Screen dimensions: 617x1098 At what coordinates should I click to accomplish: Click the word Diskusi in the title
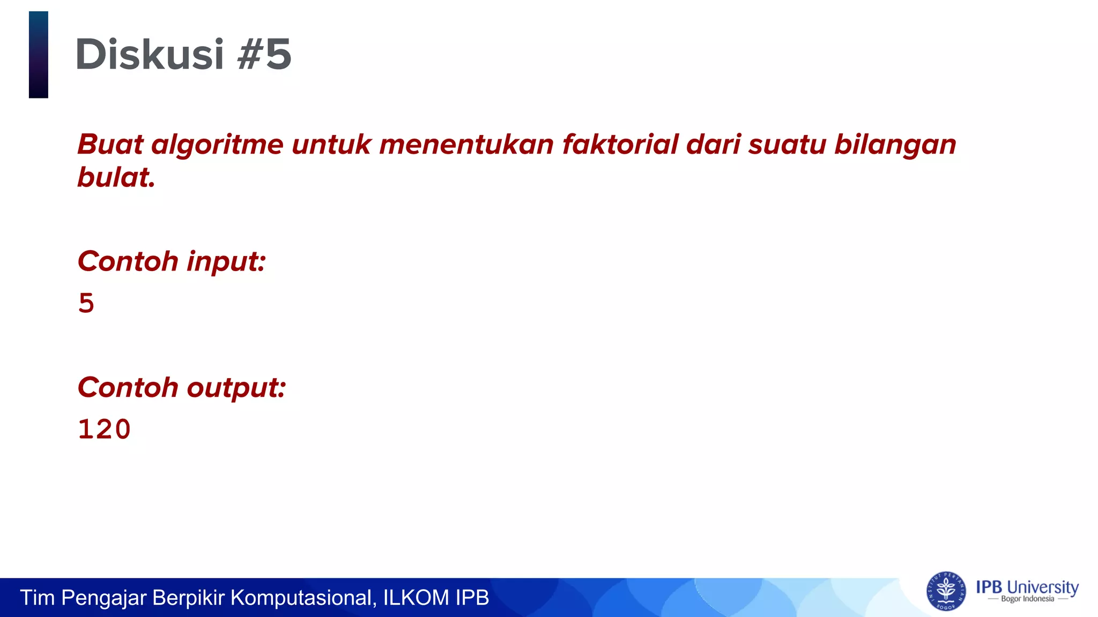coord(149,55)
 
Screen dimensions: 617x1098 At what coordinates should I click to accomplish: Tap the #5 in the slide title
coord(264,55)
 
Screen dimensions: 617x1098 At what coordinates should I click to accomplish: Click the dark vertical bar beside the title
coord(39,55)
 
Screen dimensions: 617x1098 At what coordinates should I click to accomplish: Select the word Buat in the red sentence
coord(110,145)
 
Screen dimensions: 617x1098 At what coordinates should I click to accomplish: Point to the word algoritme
coord(217,145)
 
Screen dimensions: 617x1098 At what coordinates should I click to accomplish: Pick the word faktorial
coord(620,145)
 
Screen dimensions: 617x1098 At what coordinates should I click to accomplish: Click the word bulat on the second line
coord(116,177)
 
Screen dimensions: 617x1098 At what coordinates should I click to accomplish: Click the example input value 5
coord(86,303)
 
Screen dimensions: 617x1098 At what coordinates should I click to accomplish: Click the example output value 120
coord(105,429)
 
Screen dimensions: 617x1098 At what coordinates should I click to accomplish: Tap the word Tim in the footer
coord(37,598)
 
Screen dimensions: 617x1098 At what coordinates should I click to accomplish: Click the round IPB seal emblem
coord(946,591)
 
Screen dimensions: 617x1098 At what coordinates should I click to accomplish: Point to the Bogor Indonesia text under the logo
coord(1027,599)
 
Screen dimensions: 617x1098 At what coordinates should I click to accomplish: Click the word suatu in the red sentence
coord(787,145)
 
